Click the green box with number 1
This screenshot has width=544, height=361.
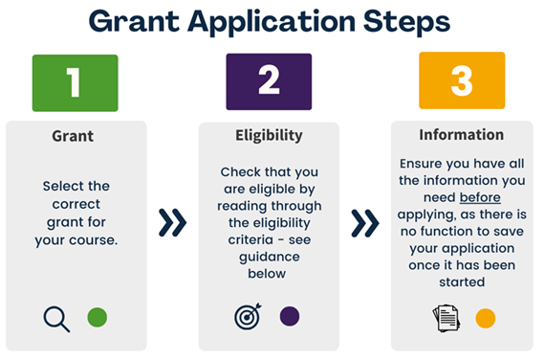coord(75,83)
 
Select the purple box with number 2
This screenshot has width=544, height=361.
coord(268,83)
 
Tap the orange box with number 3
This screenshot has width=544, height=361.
coord(461,81)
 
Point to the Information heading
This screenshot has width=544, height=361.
coord(461,135)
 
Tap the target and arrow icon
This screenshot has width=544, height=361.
coord(248,317)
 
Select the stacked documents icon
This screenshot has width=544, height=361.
coord(446,319)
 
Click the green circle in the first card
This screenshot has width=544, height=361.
coord(97,317)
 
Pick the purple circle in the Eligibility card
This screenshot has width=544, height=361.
coord(290,316)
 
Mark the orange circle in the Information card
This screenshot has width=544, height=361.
coord(486,318)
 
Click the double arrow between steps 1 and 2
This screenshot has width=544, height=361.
coord(172,223)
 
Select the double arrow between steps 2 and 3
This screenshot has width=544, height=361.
coord(364,223)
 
